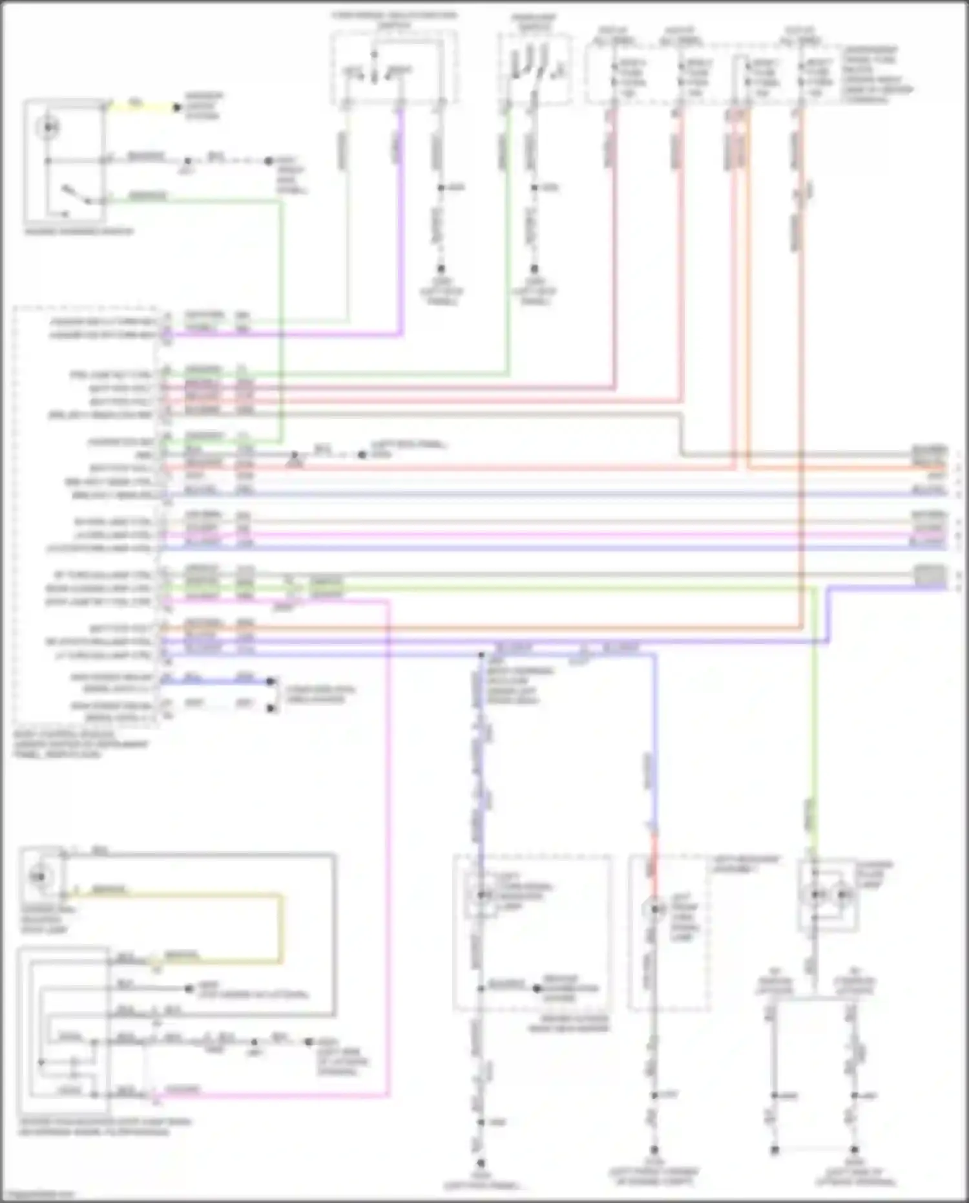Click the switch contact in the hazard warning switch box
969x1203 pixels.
click(70, 193)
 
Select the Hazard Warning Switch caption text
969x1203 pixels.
click(79, 231)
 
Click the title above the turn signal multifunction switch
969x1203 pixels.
click(394, 19)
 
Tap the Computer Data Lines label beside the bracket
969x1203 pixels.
click(320, 694)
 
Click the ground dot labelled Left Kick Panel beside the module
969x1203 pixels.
click(362, 455)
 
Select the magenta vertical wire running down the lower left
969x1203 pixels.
click(388, 840)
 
